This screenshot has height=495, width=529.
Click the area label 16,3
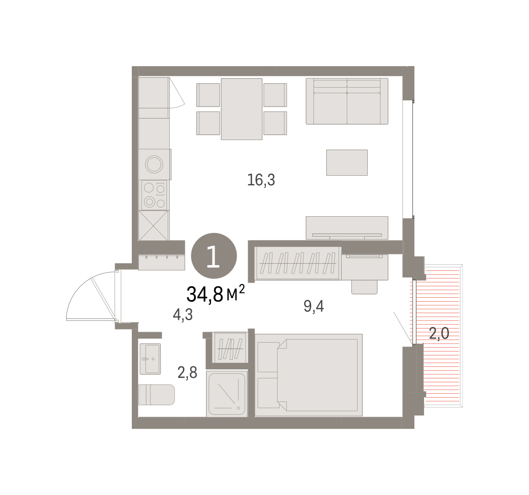coord(261,180)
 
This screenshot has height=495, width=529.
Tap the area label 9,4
coord(313,306)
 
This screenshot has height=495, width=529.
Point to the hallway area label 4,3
coord(183,315)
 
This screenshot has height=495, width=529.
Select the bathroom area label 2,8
coord(187,373)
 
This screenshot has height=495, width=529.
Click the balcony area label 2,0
coord(439,333)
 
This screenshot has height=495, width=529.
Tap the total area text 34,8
coord(205,294)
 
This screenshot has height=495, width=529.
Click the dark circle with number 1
coord(214,256)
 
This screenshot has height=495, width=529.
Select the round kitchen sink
coord(154,164)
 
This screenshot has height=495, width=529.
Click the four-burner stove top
coord(154,196)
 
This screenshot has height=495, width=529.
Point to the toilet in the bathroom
coord(156,395)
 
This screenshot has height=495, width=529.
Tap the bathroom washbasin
coord(150,359)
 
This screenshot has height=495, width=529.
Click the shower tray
coord(227,394)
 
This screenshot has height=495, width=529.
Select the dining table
coord(242,109)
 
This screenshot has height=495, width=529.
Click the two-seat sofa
coord(347,101)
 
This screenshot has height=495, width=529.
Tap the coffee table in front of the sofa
coord(347,163)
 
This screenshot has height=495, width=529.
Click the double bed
coord(309,375)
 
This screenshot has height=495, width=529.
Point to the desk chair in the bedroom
coord(365,287)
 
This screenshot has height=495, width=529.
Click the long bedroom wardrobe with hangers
coord(298,263)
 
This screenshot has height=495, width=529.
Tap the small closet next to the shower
coord(230,347)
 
